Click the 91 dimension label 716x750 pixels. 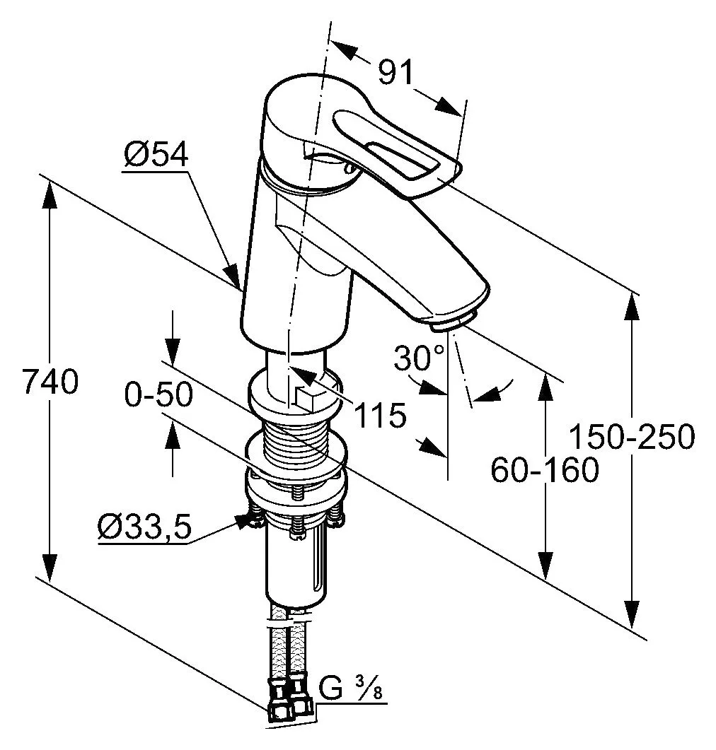click(x=395, y=74)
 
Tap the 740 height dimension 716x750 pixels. click(x=50, y=381)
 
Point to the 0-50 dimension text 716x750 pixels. click(x=158, y=395)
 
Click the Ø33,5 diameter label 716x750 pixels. click(x=144, y=528)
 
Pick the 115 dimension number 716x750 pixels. click(x=381, y=415)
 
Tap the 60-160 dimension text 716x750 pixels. click(x=545, y=469)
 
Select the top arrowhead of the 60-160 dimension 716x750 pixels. click(x=545, y=387)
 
